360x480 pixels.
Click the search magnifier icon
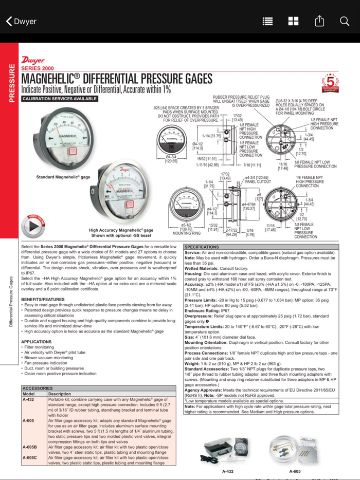(x=344, y=21)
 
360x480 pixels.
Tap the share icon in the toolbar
(x=319, y=21)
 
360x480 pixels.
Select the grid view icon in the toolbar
(x=293, y=21)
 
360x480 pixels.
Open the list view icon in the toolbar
(x=267, y=21)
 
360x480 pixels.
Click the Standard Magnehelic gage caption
(x=63, y=177)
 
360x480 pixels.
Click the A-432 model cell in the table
(x=28, y=399)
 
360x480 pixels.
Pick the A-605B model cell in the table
(x=30, y=447)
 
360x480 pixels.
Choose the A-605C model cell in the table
(x=30, y=457)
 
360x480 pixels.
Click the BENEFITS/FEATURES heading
(x=43, y=299)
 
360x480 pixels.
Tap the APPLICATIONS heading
(x=36, y=341)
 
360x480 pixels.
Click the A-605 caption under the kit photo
(x=295, y=471)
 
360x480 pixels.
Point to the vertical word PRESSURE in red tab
(x=11, y=82)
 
